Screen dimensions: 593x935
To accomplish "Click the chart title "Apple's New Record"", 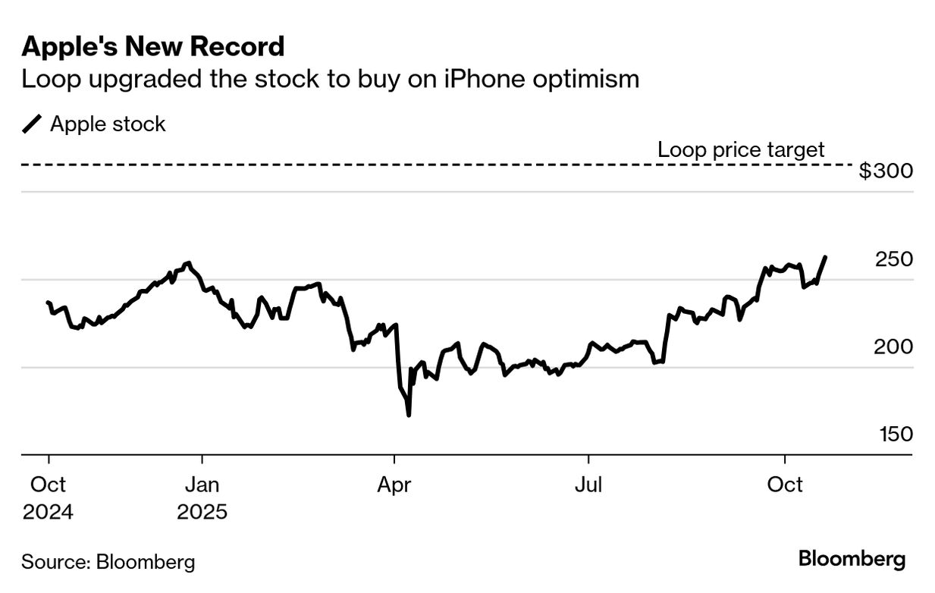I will click(x=153, y=47).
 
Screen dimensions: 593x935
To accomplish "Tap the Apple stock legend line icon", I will click(x=32, y=124).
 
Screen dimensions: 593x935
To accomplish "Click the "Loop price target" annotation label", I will click(x=740, y=149).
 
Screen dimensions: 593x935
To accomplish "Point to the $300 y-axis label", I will click(x=885, y=171).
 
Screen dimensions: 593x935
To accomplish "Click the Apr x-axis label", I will click(x=394, y=485).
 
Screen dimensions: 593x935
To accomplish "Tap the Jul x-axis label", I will click(x=588, y=485).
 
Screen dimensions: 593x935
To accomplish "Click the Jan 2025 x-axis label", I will click(x=202, y=498).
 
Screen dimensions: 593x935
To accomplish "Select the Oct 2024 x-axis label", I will click(x=49, y=498).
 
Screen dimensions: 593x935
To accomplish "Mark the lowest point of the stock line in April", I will click(x=409, y=415).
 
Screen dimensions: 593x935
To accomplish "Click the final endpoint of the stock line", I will click(x=825, y=257).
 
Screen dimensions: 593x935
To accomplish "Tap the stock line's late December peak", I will click(x=188, y=263).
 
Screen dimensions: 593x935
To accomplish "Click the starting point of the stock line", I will click(x=48, y=303).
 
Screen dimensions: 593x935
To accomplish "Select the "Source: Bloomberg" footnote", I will click(x=108, y=562).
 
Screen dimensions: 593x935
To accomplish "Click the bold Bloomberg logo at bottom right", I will click(x=852, y=560).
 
